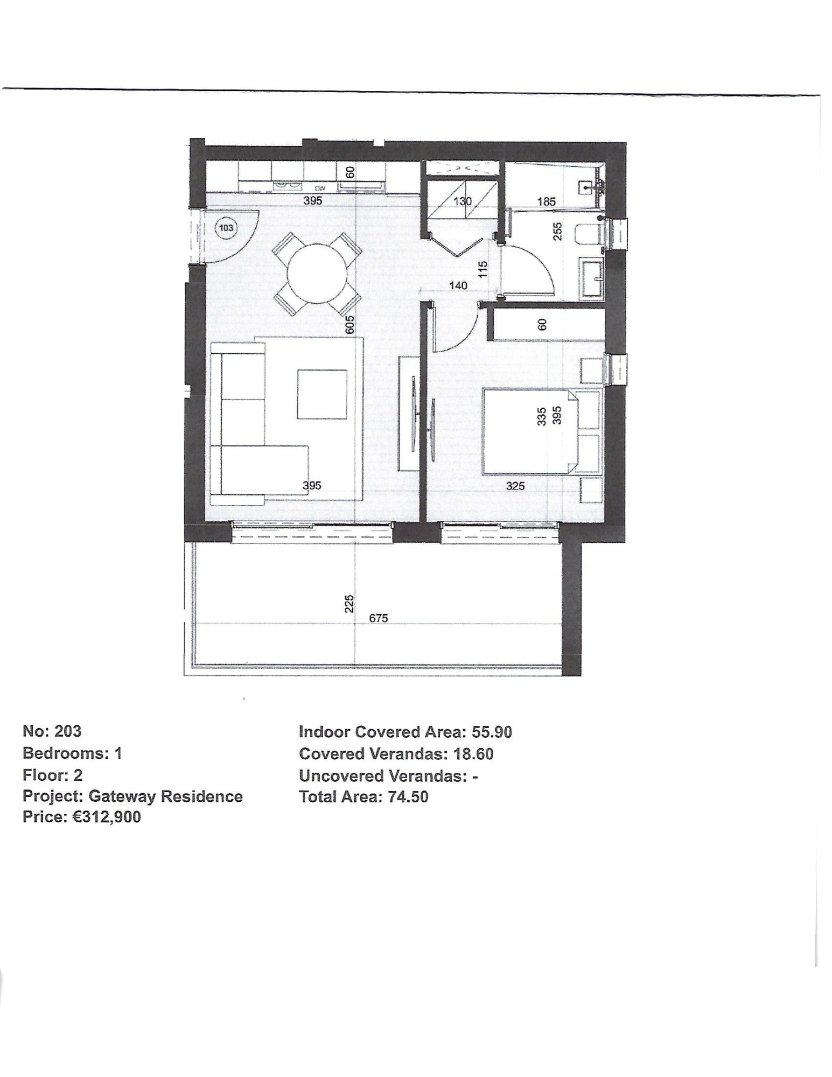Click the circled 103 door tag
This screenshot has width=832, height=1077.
(226, 228)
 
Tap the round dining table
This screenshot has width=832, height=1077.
(316, 274)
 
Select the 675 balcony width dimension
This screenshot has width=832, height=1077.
(378, 618)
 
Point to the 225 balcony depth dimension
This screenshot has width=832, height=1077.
(349, 604)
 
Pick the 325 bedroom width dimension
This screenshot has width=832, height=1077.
(515, 486)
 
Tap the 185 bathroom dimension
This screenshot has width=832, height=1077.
(546, 201)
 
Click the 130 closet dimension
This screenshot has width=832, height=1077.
(462, 201)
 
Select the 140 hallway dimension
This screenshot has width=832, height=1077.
(458, 285)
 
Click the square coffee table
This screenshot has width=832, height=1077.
(321, 394)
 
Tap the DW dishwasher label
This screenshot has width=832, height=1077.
(320, 188)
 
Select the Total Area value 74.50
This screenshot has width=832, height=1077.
(408, 796)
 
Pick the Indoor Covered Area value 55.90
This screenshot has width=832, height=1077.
(492, 732)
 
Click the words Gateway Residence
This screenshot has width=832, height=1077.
(165, 796)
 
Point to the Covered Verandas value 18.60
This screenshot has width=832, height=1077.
(473, 753)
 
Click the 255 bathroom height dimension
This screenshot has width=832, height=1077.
(557, 232)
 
